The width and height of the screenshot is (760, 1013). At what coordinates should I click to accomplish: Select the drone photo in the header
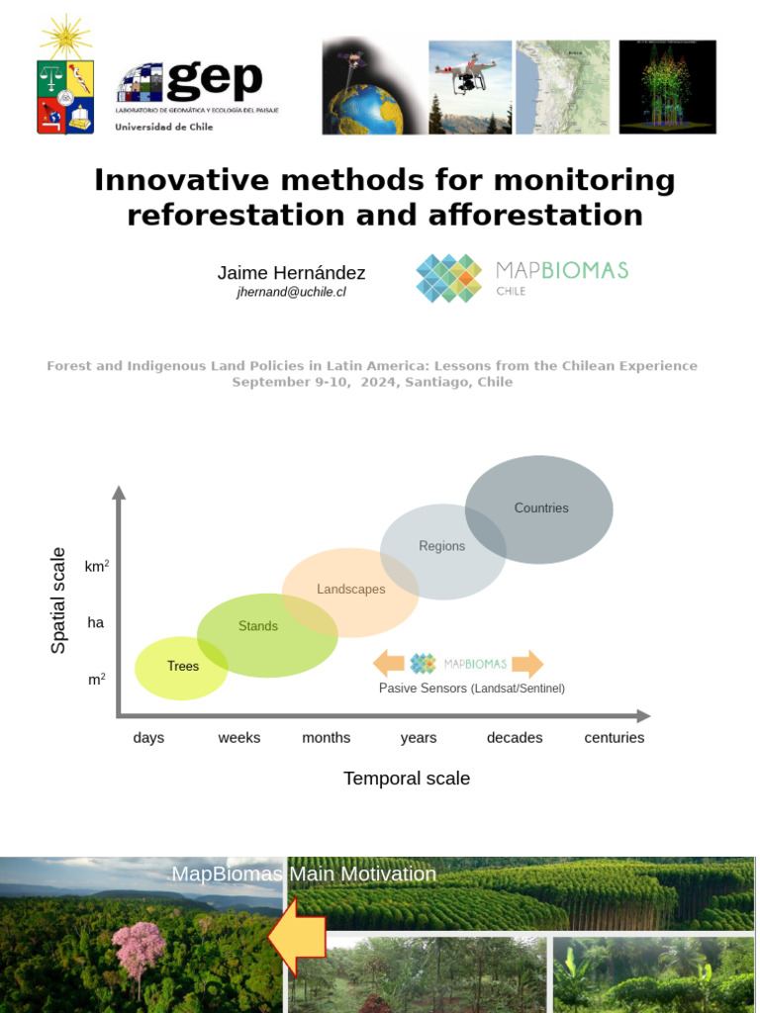(470, 86)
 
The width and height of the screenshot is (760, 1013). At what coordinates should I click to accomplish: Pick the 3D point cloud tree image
(666, 86)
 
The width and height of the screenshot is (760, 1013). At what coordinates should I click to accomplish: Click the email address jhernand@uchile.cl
(291, 293)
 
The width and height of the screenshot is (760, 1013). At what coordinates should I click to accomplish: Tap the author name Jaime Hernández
(291, 273)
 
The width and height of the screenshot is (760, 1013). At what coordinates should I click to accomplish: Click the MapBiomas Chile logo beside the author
(522, 278)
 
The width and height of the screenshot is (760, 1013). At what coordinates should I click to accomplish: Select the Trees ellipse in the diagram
(183, 667)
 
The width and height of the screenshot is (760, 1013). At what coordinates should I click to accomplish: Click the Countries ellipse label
(541, 508)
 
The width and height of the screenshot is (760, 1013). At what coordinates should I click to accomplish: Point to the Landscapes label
(351, 590)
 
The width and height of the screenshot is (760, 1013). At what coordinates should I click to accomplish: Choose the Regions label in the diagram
(441, 546)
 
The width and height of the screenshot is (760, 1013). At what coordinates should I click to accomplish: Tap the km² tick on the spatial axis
(96, 567)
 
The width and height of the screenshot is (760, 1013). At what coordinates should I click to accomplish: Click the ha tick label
(96, 623)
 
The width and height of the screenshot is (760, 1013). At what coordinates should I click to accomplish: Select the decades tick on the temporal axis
(515, 738)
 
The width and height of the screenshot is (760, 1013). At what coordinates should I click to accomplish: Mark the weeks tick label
(239, 738)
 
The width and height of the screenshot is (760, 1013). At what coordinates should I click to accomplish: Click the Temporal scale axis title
(407, 779)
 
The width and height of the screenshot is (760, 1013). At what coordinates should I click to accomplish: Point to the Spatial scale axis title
(59, 600)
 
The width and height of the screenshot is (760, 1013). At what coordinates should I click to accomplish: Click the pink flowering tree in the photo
(139, 947)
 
